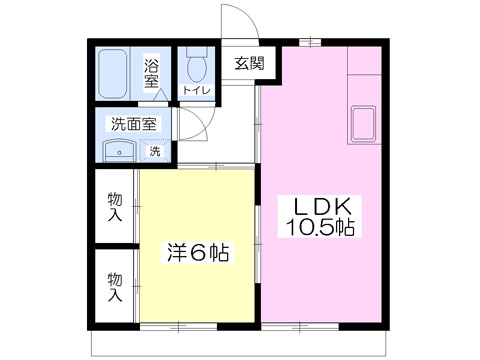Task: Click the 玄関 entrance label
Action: pyautogui.click(x=250, y=63)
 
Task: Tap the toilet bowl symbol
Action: pyautogui.click(x=197, y=64)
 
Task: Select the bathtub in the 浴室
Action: pyautogui.click(x=113, y=74)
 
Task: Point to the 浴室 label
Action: pyautogui.click(x=151, y=73)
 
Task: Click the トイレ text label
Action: pyautogui.click(x=197, y=90)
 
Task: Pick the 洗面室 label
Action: pyautogui.click(x=133, y=124)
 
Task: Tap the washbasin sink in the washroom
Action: pyautogui.click(x=119, y=152)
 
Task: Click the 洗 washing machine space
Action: pyautogui.click(x=155, y=151)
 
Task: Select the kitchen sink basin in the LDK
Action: pyautogui.click(x=363, y=124)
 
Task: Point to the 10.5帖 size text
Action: pyautogui.click(x=320, y=228)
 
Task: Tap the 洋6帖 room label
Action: pyautogui.click(x=198, y=252)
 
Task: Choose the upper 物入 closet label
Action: pyautogui.click(x=115, y=207)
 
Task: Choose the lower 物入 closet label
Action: pyautogui.click(x=115, y=287)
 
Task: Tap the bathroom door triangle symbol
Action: pyautogui.click(x=162, y=95)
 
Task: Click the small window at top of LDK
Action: pyautogui.click(x=310, y=42)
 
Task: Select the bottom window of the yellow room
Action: pyautogui.click(x=178, y=326)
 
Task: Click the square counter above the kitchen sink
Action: pyautogui.click(x=364, y=61)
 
